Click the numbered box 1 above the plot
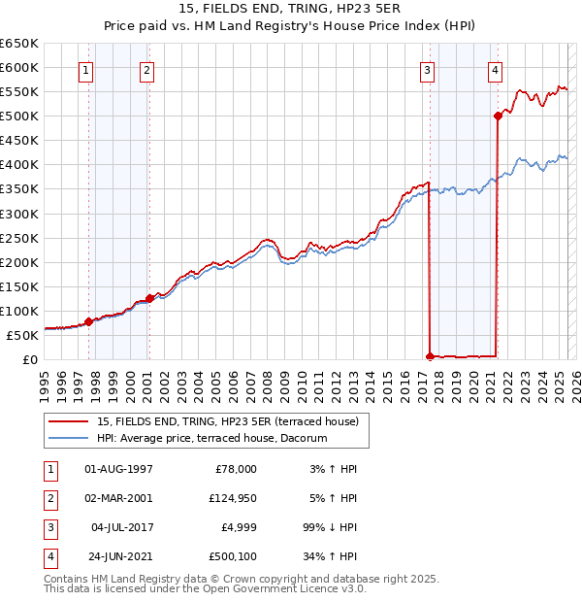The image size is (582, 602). [86, 69]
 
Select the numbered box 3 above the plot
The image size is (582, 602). [427, 69]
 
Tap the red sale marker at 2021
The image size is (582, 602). [498, 116]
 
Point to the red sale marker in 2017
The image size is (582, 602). [430, 357]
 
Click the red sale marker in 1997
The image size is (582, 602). [88, 321]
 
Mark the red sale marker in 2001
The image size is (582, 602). [149, 298]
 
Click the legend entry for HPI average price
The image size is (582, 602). [211, 438]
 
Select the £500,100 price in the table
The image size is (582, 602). [232, 557]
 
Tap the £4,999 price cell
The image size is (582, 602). [235, 528]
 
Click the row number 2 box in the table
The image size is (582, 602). [48, 499]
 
